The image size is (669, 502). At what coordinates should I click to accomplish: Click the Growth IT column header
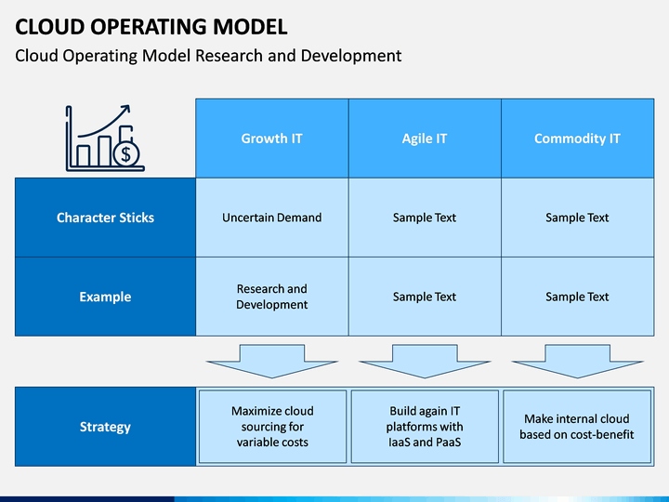coord(271,139)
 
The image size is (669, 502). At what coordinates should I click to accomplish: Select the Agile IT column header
coord(425,139)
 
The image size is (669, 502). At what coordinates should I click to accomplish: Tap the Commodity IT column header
coord(577,139)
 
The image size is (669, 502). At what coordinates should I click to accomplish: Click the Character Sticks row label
coord(105,218)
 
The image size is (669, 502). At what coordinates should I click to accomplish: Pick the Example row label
coord(105,297)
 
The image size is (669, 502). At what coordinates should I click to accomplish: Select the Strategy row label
coord(105,427)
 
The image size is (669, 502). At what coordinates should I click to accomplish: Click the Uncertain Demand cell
coord(271,218)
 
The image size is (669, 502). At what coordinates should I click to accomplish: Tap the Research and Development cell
coord(271,297)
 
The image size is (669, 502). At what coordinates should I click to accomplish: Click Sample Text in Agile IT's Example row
coord(425,297)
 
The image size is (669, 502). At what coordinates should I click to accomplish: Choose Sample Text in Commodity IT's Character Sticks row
coord(577,218)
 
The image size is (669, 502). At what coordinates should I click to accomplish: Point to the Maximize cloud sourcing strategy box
coord(272,427)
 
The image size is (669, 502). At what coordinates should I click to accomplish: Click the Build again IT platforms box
coord(425,427)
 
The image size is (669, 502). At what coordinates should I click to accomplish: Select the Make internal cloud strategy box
coord(577,427)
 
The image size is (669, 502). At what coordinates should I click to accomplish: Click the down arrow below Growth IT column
coord(272,361)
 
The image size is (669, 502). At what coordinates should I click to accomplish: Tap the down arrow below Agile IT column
coord(425,361)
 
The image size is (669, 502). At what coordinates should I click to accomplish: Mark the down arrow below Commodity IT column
coord(577,361)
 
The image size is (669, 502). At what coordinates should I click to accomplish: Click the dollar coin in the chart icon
coord(125,153)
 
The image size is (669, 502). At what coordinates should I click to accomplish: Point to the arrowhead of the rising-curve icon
coord(125,110)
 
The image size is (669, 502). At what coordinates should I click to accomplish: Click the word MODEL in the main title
coord(250,27)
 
